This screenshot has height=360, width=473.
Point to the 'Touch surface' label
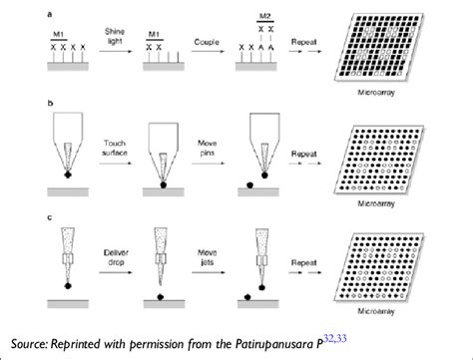pyautogui.click(x=116, y=150)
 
